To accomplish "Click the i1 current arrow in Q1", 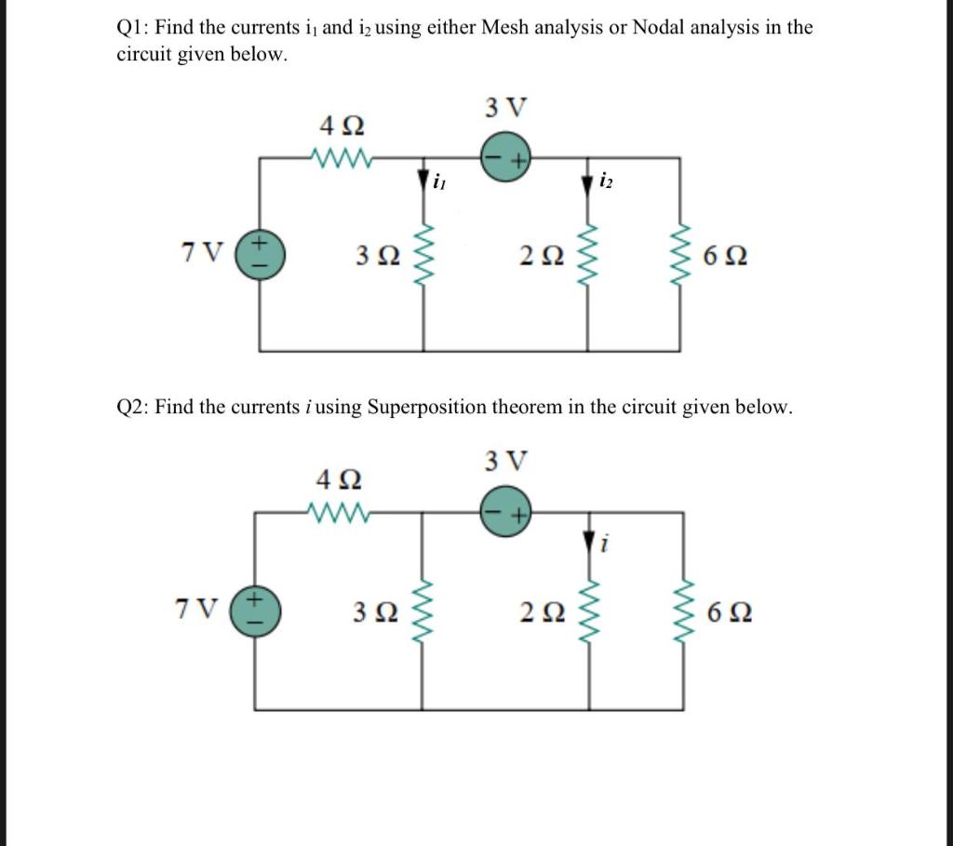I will coord(425,180).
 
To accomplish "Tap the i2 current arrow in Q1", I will coord(586,183).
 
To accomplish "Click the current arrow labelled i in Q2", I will coord(586,540).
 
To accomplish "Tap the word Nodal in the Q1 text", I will coord(662,28).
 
